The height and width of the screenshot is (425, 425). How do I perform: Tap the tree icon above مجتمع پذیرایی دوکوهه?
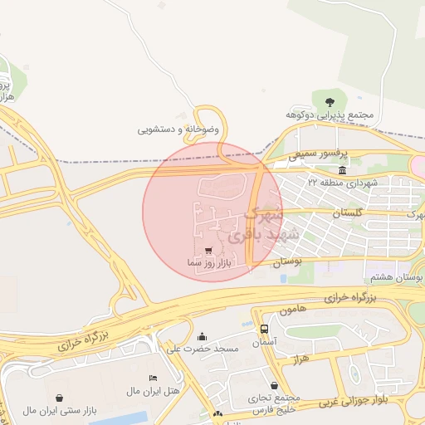[341, 100]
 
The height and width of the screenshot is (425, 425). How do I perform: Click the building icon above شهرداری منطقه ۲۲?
[342, 169]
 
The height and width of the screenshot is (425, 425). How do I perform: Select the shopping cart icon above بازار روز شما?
[208, 250]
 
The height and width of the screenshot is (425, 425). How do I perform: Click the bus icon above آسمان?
[264, 329]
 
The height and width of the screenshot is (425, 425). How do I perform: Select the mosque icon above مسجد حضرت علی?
[203, 336]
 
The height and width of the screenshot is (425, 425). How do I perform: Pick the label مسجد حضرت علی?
[203, 349]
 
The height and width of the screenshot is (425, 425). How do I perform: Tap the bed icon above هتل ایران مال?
[152, 378]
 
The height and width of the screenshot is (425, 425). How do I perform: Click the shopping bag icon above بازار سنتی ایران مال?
[59, 398]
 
